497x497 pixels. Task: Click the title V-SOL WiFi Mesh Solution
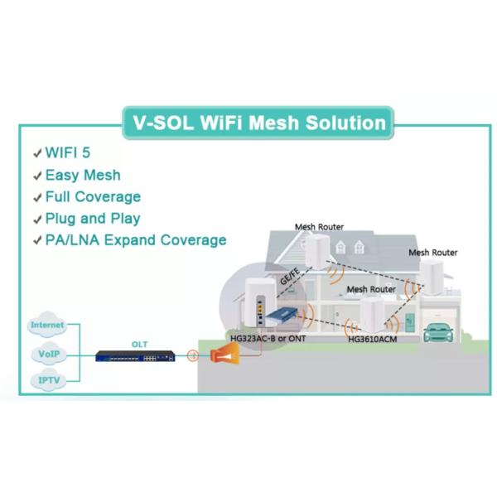[258, 123]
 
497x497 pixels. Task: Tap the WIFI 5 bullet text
[68, 153]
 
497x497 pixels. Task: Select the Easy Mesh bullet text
[83, 175]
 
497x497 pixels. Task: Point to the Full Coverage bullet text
[93, 196]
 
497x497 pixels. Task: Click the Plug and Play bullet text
[93, 219]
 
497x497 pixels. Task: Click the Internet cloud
[47, 326]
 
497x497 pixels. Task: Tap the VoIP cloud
[47, 354]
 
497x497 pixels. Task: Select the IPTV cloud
[47, 380]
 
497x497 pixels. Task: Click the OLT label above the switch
[140, 343]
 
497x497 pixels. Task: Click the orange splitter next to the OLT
[224, 355]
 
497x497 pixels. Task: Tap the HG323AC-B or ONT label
[264, 339]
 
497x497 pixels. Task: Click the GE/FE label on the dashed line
[290, 280]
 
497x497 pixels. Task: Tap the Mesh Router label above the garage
[432, 253]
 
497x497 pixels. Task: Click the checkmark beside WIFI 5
[37, 154]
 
